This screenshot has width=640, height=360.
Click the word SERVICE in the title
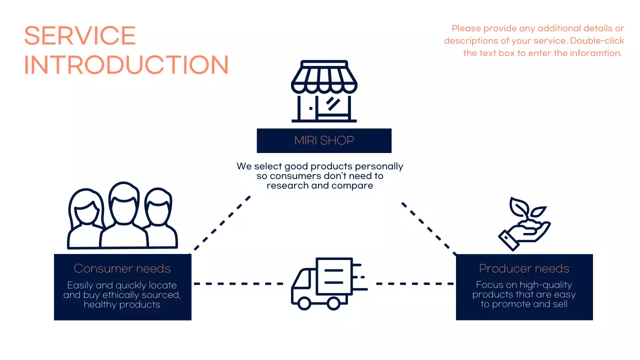pyautogui.click(x=80, y=36)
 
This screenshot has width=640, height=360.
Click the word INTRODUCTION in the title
pyautogui.click(x=126, y=65)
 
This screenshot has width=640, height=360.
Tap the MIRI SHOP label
pyautogui.click(x=324, y=140)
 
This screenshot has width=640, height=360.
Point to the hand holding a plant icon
pyautogui.click(x=523, y=224)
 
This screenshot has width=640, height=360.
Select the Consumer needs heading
pyautogui.click(x=122, y=268)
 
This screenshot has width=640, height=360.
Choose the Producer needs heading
pyautogui.click(x=524, y=268)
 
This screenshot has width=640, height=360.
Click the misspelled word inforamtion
pyautogui.click(x=595, y=53)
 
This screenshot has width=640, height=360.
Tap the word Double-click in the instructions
pyautogui.click(x=597, y=40)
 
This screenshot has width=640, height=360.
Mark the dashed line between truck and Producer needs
pyautogui.click(x=415, y=283)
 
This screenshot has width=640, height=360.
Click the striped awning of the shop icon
pyautogui.click(x=324, y=80)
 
